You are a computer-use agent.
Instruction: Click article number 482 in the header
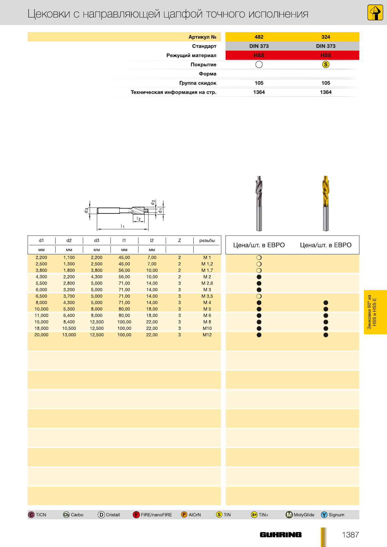click(259, 37)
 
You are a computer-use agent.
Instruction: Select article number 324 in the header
click(326, 37)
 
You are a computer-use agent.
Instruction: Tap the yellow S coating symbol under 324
click(326, 65)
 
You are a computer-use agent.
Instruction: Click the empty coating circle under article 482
click(259, 65)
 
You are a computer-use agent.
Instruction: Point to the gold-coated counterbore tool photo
click(326, 203)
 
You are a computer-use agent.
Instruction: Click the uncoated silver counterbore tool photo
click(259, 203)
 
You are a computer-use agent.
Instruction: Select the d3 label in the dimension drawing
click(86, 210)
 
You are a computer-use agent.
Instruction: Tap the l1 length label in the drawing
click(123, 226)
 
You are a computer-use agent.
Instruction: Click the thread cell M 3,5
click(207, 296)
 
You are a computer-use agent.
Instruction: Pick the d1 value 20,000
click(41, 335)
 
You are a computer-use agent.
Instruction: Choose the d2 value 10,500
click(69, 328)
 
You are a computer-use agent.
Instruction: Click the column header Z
click(179, 241)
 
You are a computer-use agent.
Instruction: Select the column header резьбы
click(207, 241)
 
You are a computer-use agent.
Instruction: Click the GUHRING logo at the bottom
click(280, 535)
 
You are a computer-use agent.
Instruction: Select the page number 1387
click(350, 535)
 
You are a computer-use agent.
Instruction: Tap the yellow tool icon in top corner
click(375, 13)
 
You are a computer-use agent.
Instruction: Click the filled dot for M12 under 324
click(326, 335)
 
